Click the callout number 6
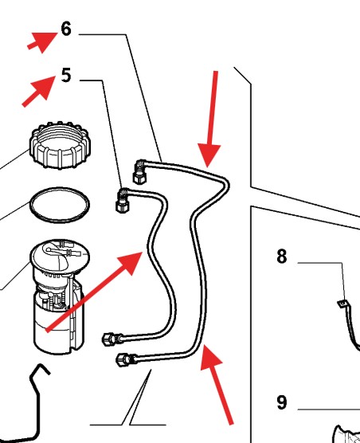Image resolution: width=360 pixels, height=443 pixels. coord(66,29)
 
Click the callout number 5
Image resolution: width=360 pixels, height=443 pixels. coord(66,76)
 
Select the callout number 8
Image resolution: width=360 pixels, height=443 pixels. coord(282,257)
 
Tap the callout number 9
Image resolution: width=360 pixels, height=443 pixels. coord(282,402)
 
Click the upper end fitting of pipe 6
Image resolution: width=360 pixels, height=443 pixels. coord(139,171)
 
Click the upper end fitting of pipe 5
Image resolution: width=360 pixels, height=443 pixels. coord(123,200)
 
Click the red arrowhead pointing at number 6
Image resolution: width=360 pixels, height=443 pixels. coord(45,41)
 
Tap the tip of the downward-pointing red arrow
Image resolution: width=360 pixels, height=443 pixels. coord(208,167)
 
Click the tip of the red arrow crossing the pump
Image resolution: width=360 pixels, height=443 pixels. coord(143,253)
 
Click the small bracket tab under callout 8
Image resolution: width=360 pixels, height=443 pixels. coord(342,303)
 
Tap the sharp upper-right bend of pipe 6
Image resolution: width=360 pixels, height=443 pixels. coord(226,183)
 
